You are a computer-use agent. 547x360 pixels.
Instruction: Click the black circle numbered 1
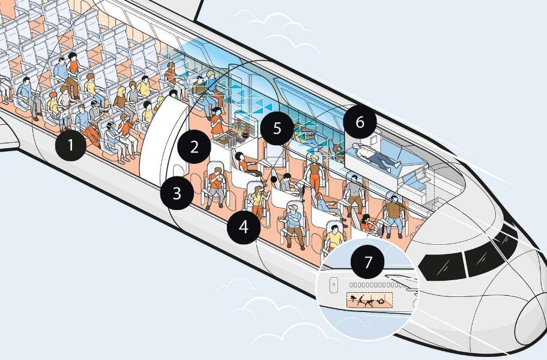[x=71, y=145]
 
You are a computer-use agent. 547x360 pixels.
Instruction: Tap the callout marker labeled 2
[x=195, y=147]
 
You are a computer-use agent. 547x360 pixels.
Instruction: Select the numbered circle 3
[x=177, y=193]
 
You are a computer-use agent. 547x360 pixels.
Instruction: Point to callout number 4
[x=244, y=227]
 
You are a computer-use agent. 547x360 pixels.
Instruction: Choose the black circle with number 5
[x=277, y=128]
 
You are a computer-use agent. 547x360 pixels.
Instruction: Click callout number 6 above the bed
[x=360, y=122]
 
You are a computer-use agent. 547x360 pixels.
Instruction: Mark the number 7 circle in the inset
[x=367, y=262]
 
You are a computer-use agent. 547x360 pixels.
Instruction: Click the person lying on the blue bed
[x=376, y=156]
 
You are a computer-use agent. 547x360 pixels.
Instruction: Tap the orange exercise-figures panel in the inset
[x=369, y=300]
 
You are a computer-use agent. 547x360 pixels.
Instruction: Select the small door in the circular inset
[x=334, y=285]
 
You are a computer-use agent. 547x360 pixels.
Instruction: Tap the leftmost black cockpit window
[x=443, y=267]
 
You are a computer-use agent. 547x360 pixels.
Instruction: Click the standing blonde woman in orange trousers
[x=314, y=173]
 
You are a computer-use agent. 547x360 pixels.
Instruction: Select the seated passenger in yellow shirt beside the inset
[x=334, y=237]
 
